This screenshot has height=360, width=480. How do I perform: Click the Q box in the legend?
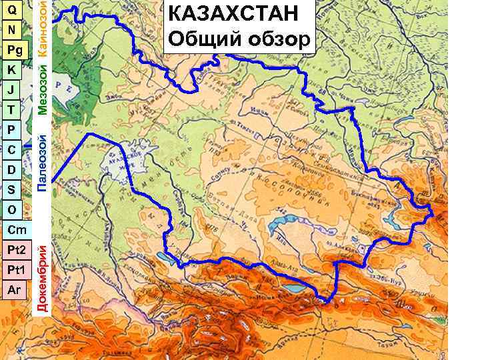(x=13, y=10)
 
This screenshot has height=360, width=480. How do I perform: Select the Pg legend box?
(x=15, y=50)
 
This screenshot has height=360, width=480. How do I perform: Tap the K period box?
(x=12, y=70)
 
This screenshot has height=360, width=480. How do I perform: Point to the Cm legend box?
(x=16, y=230)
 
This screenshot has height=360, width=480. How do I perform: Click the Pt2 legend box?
(x=16, y=251)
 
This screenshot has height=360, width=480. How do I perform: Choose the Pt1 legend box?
(x=16, y=271)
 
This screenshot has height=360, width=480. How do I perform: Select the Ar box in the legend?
(x=15, y=291)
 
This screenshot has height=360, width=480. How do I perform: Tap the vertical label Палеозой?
(x=41, y=163)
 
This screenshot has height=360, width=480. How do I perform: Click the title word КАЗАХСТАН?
(x=238, y=14)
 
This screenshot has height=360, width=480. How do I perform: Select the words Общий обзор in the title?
(x=239, y=39)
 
